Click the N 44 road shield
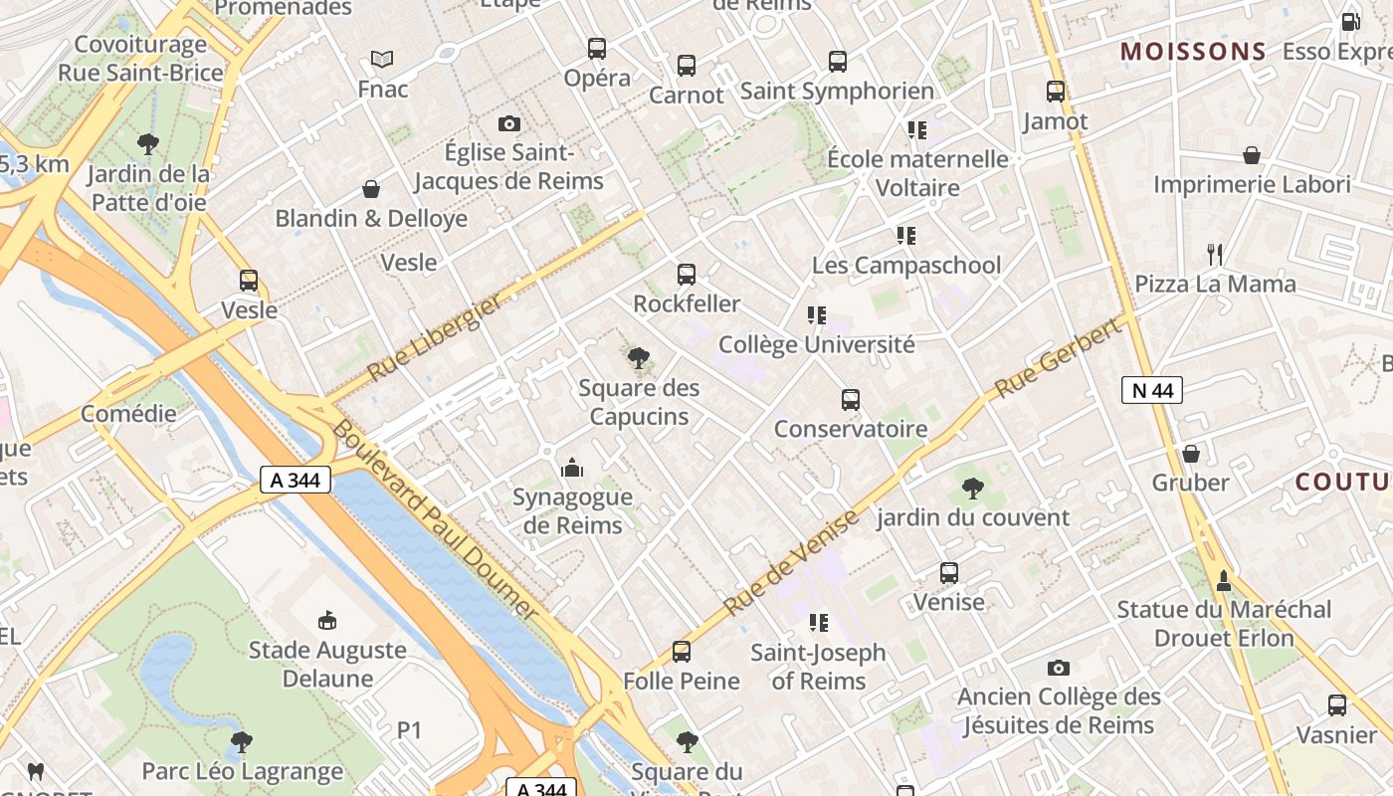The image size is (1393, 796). [1152, 390]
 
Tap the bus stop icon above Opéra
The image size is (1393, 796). [597, 48]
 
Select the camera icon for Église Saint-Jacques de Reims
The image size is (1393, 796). [509, 123]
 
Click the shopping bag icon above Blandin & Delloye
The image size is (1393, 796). [371, 189]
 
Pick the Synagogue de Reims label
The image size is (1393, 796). [572, 510]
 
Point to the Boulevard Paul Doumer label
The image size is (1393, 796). [434, 519]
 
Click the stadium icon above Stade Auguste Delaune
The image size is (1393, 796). [327, 621]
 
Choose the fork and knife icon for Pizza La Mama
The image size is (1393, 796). [1214, 255]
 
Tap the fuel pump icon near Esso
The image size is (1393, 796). [1350, 21]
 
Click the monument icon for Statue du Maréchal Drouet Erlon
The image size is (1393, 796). [1224, 579]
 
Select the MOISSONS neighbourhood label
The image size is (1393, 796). [1193, 52]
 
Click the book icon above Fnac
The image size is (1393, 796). [382, 59]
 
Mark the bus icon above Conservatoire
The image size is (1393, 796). [851, 400]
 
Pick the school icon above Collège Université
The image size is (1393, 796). [817, 315]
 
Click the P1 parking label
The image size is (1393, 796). [410, 730]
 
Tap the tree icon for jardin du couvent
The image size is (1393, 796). [973, 488]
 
